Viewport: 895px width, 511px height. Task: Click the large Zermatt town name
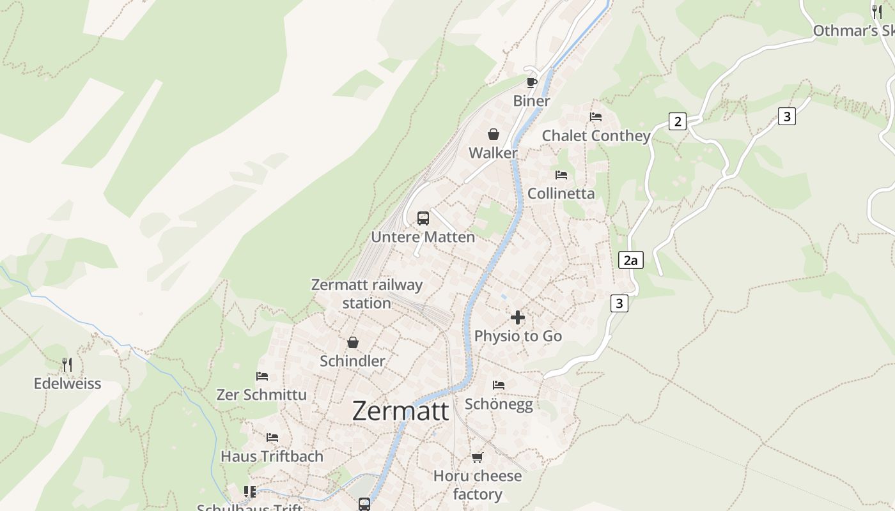point(400,411)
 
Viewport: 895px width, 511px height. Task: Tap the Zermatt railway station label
point(366,294)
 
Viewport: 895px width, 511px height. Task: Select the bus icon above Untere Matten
point(423,218)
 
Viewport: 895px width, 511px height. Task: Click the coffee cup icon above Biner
point(531,82)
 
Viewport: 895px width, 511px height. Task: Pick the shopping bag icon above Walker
point(493,134)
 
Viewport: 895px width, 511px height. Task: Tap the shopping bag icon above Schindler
point(353,342)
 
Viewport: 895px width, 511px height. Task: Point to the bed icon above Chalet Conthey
point(596,117)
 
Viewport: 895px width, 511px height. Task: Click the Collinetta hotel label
point(561,194)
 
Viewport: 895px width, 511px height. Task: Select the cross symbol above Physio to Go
point(518,317)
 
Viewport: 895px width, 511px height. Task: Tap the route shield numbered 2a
point(630,260)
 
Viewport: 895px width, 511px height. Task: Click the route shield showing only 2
point(678,121)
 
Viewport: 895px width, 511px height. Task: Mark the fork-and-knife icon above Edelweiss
point(67,365)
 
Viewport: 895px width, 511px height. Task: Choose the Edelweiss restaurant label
point(67,383)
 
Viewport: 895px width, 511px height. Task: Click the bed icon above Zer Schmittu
point(261,376)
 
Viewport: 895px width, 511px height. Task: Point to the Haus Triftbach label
point(272,456)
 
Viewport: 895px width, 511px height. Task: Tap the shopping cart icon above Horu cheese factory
point(477,457)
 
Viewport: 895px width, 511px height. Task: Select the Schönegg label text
point(499,404)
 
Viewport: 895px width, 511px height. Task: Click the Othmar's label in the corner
point(853,31)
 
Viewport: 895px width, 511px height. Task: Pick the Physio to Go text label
point(518,336)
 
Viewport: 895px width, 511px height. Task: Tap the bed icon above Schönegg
point(499,385)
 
